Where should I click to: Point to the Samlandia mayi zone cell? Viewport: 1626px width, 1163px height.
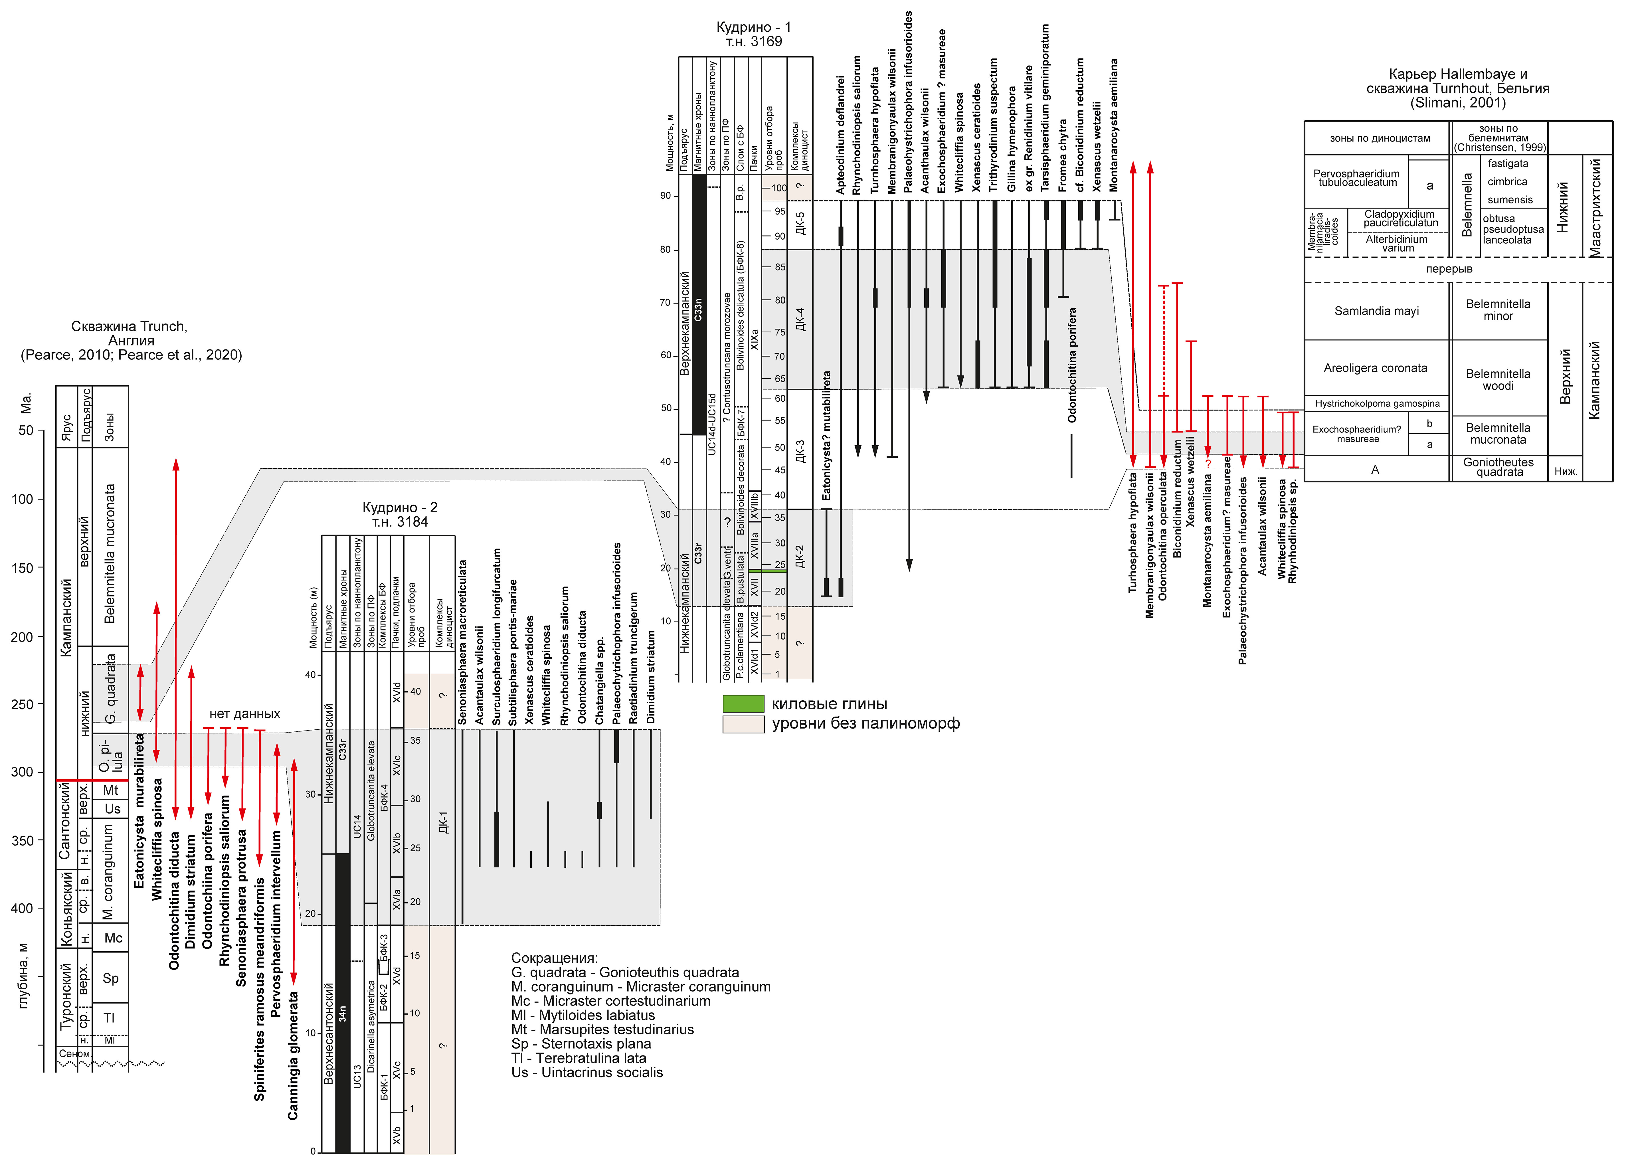click(x=1376, y=311)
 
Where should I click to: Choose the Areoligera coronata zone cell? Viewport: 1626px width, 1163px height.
click(x=1375, y=368)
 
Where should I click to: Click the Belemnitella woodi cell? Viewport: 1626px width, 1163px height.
click(x=1498, y=380)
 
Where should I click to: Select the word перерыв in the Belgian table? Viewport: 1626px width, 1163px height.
click(x=1449, y=269)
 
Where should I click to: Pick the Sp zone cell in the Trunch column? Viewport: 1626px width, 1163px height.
click(x=110, y=978)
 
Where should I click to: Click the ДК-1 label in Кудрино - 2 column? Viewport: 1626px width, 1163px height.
click(x=442, y=822)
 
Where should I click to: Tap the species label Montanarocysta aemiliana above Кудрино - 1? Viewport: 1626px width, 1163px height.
click(x=1113, y=125)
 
